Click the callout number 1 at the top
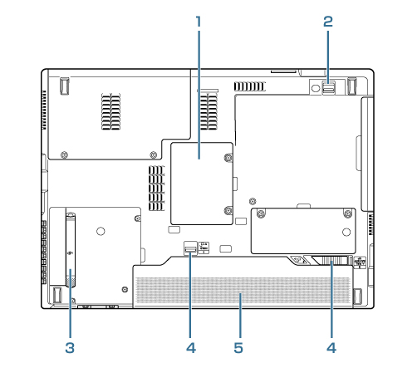click(199, 22)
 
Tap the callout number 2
click(328, 22)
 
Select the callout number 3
click(70, 348)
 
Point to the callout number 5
click(238, 348)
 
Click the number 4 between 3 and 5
click(191, 348)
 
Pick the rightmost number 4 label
click(331, 348)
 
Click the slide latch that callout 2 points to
click(329, 87)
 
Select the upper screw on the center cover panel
click(228, 158)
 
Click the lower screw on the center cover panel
click(228, 211)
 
